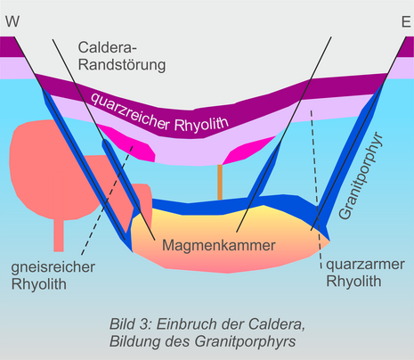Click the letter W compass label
(12, 21)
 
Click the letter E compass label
(406, 22)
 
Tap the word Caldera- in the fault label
(105, 47)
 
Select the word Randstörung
(122, 65)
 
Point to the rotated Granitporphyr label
(361, 176)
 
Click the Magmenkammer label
(219, 245)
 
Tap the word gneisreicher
(53, 267)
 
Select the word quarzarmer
(365, 265)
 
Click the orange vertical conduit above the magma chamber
(220, 182)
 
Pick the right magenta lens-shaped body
(249, 150)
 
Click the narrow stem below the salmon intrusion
(59, 235)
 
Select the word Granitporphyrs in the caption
(245, 341)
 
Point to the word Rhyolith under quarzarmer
(353, 281)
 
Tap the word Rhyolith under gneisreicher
(39, 284)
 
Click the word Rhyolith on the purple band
(201, 124)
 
